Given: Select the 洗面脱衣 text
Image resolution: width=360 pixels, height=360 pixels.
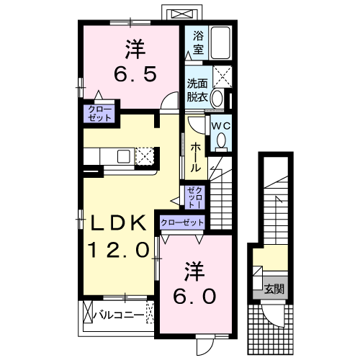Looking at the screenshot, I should coord(197,88).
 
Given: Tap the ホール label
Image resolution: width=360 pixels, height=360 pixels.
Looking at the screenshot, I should coord(196,156).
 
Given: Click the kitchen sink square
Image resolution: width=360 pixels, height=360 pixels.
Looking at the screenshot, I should coord(123,156).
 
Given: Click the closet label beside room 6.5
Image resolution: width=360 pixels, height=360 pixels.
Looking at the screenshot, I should coord(95,113).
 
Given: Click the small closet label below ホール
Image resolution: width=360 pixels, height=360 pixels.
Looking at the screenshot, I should coord(194,196).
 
